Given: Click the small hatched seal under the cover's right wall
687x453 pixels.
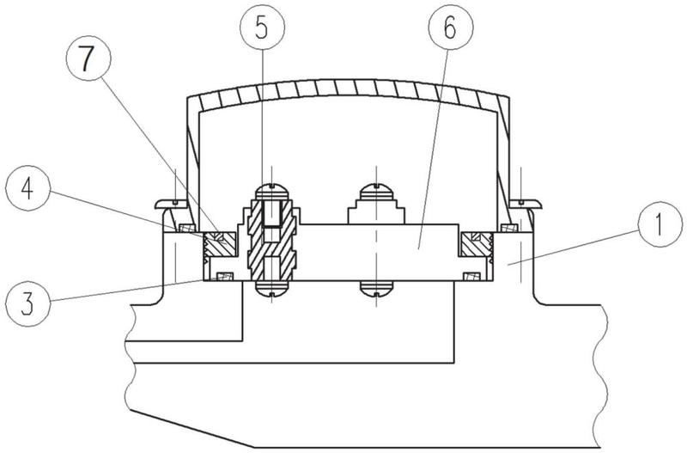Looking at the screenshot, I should (508, 228).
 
